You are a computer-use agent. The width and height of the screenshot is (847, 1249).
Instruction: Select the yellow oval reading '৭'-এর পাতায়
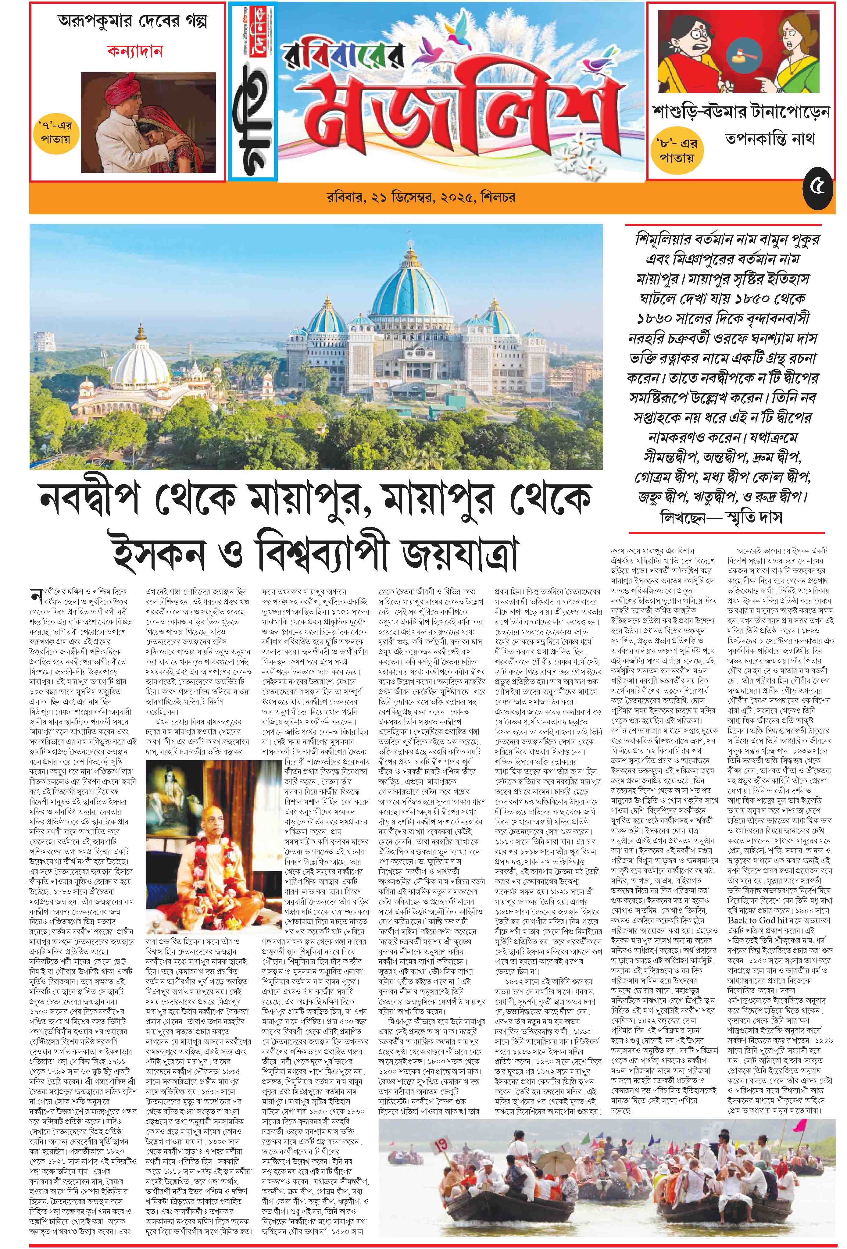[x=54, y=133]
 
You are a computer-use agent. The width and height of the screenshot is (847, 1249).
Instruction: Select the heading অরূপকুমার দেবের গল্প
[x=132, y=23]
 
